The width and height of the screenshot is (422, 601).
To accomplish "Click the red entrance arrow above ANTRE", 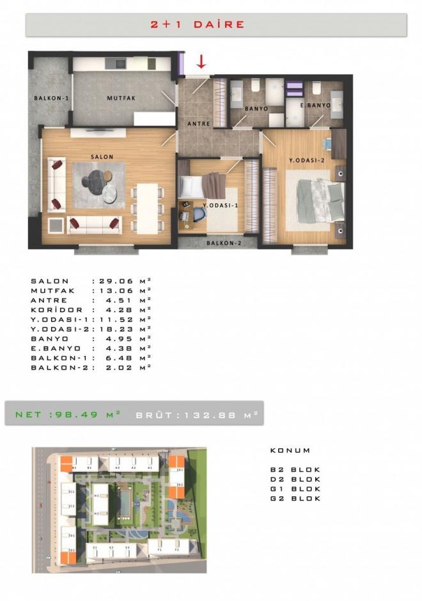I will pyautogui.click(x=201, y=61).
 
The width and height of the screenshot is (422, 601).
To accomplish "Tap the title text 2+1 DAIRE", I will pyautogui.click(x=198, y=24).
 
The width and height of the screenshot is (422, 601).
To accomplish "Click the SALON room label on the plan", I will pyautogui.click(x=102, y=157).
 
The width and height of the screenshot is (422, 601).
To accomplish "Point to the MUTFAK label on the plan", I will pyautogui.click(x=121, y=98).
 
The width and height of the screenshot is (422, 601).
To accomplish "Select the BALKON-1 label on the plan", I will pyautogui.click(x=51, y=98).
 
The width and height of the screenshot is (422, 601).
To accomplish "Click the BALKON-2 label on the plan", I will pyautogui.click(x=224, y=243).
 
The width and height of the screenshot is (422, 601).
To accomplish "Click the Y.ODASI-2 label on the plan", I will pyautogui.click(x=307, y=160).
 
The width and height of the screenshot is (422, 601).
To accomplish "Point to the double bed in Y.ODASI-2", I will pyautogui.click(x=313, y=201).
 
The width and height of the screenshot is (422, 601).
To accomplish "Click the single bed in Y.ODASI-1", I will pyautogui.click(x=201, y=187).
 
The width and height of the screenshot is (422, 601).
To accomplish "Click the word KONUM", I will pyautogui.click(x=290, y=451).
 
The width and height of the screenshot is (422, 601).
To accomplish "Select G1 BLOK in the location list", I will pyautogui.click(x=295, y=488).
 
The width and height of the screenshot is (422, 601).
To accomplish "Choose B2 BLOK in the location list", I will pyautogui.click(x=295, y=469).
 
